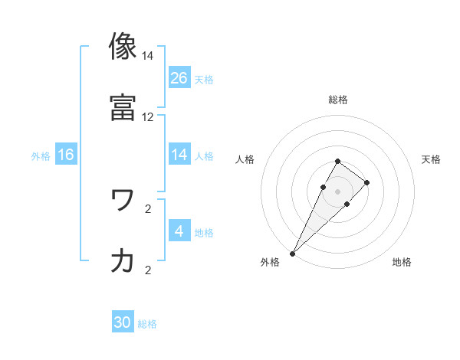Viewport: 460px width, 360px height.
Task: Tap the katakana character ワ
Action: click(123, 200)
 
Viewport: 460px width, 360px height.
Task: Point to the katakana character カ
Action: click(123, 261)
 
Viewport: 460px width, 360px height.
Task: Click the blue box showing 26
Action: click(179, 77)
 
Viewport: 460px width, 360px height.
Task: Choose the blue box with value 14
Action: click(179, 155)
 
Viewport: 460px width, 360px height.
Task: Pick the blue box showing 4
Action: click(179, 231)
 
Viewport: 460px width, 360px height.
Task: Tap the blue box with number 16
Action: click(66, 155)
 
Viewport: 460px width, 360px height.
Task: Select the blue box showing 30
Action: click(123, 322)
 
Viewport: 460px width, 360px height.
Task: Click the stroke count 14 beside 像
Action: click(147, 57)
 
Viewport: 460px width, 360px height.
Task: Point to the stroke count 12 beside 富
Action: click(147, 118)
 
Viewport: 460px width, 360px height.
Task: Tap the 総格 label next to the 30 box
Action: click(147, 324)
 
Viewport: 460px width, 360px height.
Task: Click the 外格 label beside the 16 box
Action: click(41, 155)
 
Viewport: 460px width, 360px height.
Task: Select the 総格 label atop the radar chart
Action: click(337, 100)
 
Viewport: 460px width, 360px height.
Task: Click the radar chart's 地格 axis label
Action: click(402, 262)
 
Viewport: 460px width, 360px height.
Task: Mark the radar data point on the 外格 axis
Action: click(292, 253)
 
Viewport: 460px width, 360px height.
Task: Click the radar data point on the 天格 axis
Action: click(367, 182)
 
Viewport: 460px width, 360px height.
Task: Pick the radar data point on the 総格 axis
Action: click(337, 161)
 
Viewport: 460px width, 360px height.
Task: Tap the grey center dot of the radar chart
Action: click(337, 191)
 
